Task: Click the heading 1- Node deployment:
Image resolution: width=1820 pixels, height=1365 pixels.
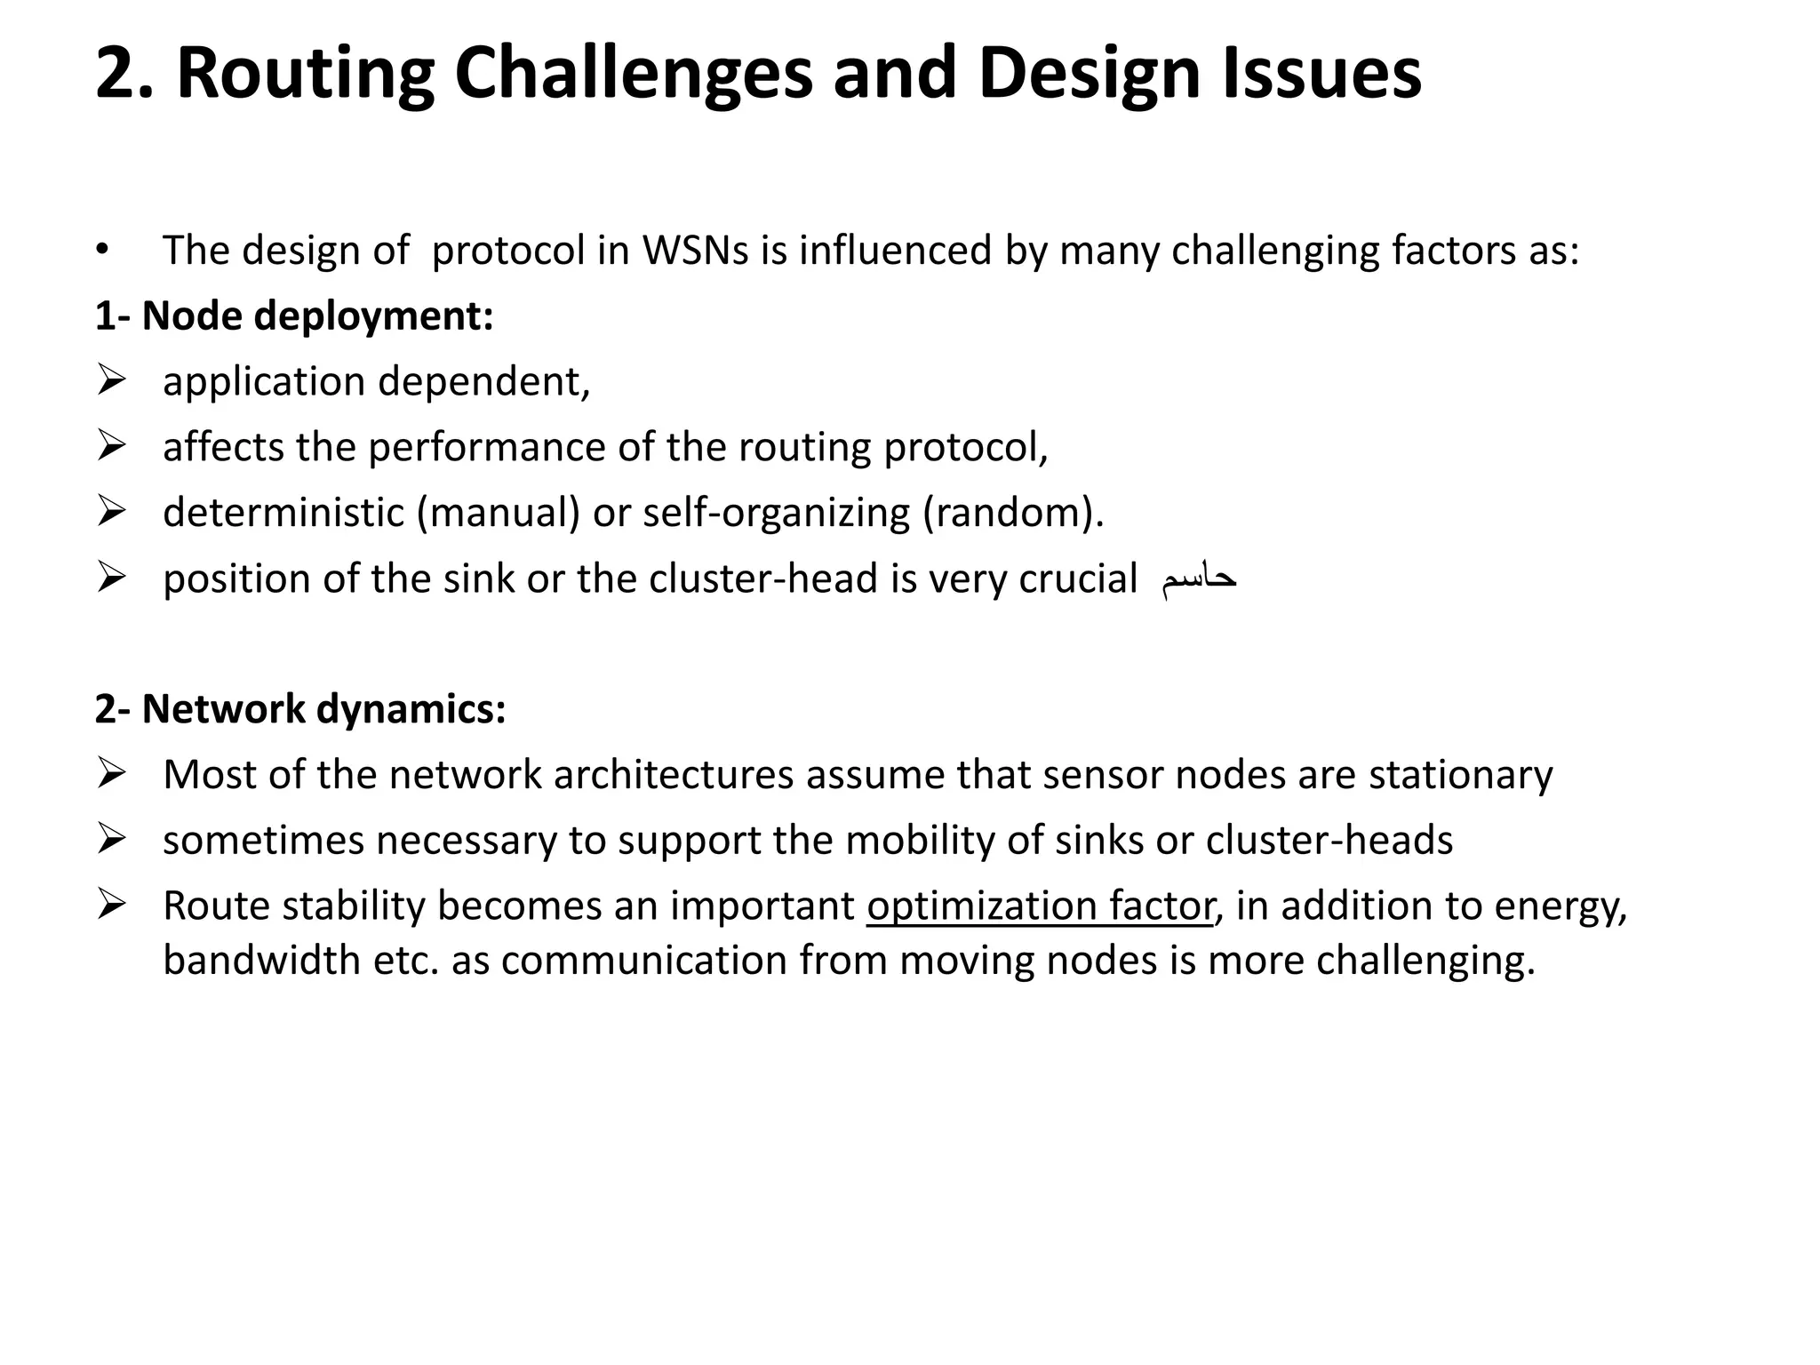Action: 294,316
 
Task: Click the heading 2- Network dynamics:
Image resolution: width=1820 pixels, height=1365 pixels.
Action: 300,709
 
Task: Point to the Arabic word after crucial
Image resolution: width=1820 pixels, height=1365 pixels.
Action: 1199,579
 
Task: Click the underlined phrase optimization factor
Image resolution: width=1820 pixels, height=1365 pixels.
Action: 1040,906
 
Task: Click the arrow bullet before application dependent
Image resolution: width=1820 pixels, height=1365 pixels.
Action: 111,381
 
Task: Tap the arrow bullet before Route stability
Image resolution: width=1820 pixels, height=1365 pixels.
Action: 111,906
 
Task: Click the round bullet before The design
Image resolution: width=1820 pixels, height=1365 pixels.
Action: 103,251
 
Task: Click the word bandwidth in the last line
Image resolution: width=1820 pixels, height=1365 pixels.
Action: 261,961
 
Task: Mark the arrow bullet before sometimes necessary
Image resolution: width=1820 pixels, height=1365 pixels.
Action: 111,840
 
